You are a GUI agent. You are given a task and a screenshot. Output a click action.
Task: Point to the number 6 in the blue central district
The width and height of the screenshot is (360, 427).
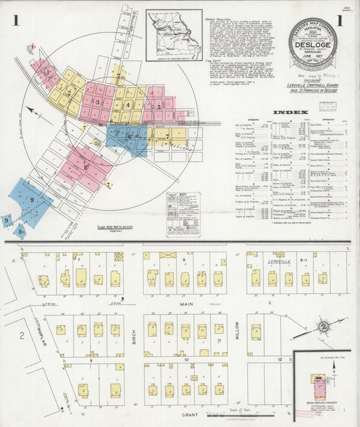click(x=129, y=136)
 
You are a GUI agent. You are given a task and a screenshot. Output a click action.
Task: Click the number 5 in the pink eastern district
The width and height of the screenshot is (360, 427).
click(x=159, y=106)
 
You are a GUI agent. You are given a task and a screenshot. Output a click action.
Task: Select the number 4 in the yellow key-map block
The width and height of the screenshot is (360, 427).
click(x=128, y=105)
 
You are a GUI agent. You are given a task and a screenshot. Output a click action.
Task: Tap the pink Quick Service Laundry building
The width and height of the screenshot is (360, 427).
click(x=319, y=388)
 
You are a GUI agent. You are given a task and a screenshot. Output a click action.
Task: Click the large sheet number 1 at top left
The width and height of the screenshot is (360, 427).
click(x=15, y=21)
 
